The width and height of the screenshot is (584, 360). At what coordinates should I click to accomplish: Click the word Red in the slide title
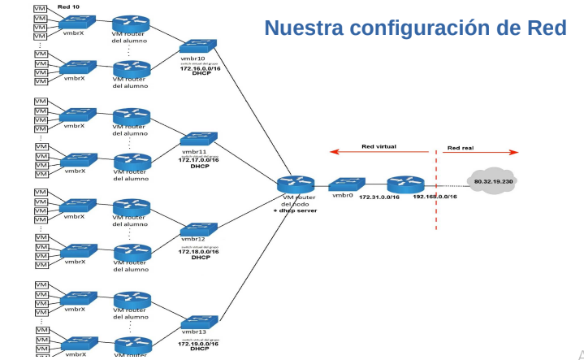[x=545, y=28]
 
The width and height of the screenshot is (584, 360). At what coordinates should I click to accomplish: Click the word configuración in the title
[x=434, y=28]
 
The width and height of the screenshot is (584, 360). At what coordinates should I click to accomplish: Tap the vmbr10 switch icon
[x=199, y=47]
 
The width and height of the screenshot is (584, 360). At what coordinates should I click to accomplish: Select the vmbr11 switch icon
[x=199, y=140]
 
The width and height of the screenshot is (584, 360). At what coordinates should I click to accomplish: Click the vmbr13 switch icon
[x=199, y=322]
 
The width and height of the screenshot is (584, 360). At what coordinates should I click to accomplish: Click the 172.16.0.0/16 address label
[x=200, y=68]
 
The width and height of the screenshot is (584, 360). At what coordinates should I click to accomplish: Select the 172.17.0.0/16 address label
[x=200, y=160]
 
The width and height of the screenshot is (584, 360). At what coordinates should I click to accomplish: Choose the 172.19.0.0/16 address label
[x=200, y=344]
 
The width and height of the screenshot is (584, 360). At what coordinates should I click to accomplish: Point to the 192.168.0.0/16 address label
[x=435, y=197]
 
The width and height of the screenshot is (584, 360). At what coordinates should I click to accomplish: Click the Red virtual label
[x=379, y=147]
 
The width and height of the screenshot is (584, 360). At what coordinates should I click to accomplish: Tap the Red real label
[x=461, y=148]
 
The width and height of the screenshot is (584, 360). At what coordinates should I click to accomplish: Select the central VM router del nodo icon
[x=295, y=184]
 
